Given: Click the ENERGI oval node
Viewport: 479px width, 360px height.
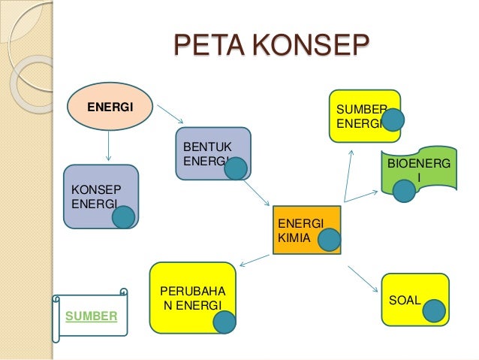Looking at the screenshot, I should pyautogui.click(x=110, y=107).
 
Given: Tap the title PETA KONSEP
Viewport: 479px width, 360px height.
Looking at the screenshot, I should pyautogui.click(x=271, y=46).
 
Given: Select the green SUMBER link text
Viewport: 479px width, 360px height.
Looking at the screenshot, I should pyautogui.click(x=92, y=316).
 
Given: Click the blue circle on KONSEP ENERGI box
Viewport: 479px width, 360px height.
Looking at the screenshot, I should pyautogui.click(x=123, y=217).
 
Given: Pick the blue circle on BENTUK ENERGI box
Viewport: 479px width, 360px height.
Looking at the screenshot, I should pyautogui.click(x=236, y=168).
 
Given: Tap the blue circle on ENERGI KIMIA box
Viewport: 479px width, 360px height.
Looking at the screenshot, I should pyautogui.click(x=329, y=240).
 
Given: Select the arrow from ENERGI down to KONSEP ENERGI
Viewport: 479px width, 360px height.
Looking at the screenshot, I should pyautogui.click(x=110, y=146).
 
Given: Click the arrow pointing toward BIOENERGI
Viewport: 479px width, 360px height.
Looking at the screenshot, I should pyautogui.click(x=361, y=195).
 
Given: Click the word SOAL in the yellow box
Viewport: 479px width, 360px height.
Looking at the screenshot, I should pyautogui.click(x=404, y=301).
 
